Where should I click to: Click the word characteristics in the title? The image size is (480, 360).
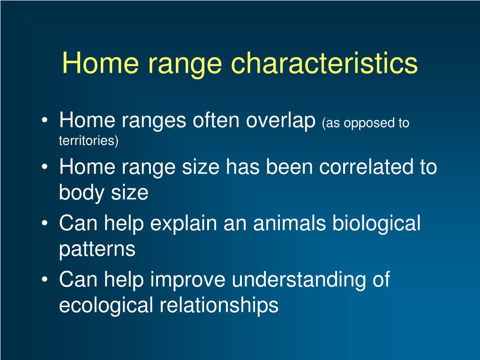point(324,63)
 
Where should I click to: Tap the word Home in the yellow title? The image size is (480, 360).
point(100,63)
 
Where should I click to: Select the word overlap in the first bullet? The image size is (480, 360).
point(281,120)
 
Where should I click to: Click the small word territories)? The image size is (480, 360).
point(89,141)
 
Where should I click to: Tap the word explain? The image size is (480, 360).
point(183,224)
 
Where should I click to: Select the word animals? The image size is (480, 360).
point(289,223)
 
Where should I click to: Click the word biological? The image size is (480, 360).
point(376,224)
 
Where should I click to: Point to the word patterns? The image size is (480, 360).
point(97,249)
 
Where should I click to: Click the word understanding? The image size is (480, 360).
point(299,280)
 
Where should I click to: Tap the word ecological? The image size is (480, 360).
point(106,306)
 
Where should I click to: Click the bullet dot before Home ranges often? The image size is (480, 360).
point(45,120)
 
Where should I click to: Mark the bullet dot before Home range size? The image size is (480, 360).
point(45,167)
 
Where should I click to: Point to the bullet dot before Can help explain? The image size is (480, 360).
point(45,223)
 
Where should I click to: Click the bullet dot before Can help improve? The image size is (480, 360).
point(45,279)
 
